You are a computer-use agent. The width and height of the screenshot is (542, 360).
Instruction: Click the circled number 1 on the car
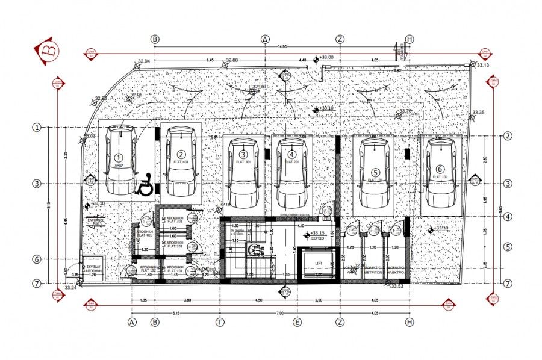(x=119, y=156)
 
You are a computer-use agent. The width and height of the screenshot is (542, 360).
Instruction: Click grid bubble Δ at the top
(x=265, y=39)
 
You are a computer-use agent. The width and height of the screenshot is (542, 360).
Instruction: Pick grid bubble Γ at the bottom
(x=221, y=322)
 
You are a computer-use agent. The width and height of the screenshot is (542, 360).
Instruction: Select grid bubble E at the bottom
(x=297, y=322)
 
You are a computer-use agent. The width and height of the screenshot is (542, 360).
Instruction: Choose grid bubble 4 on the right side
(x=508, y=217)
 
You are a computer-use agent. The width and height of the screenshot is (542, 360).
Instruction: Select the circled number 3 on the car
(x=243, y=155)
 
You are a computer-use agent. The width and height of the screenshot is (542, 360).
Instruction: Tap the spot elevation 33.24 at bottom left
(x=70, y=288)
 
